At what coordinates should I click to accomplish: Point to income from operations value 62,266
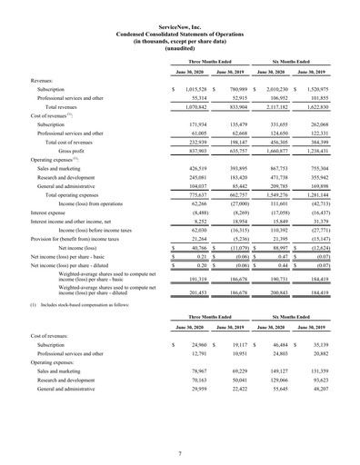coord(195,178)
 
